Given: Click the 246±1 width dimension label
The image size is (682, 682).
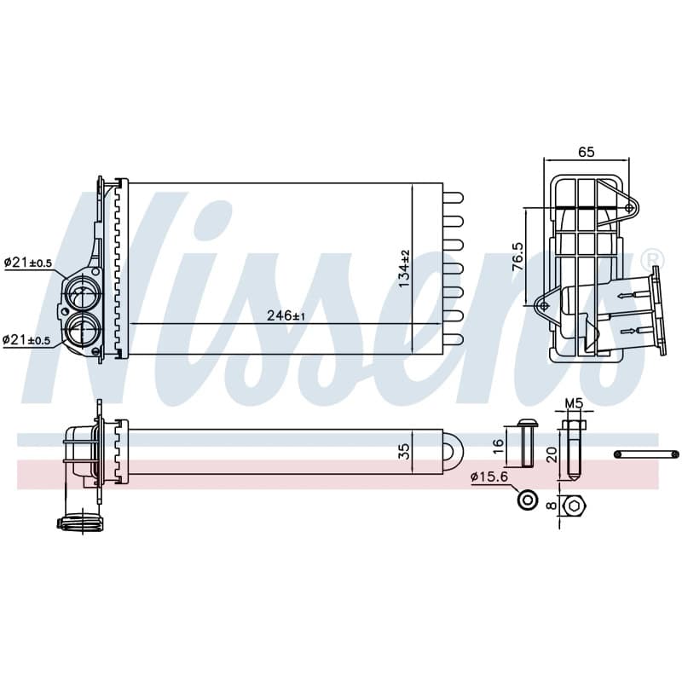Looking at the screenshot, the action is pyautogui.click(x=286, y=315).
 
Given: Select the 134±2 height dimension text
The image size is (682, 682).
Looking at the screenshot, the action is pyautogui.click(x=404, y=269).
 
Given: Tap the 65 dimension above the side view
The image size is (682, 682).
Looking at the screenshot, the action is pyautogui.click(x=586, y=152).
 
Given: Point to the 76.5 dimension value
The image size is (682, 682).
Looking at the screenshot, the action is pyautogui.click(x=518, y=257).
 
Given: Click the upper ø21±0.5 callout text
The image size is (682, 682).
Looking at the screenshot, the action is pyautogui.click(x=28, y=263).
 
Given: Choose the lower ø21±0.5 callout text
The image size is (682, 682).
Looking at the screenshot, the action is pyautogui.click(x=26, y=339).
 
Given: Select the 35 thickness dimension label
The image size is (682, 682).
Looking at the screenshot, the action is pyautogui.click(x=404, y=451).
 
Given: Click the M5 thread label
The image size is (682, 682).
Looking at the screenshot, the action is pyautogui.click(x=573, y=403).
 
